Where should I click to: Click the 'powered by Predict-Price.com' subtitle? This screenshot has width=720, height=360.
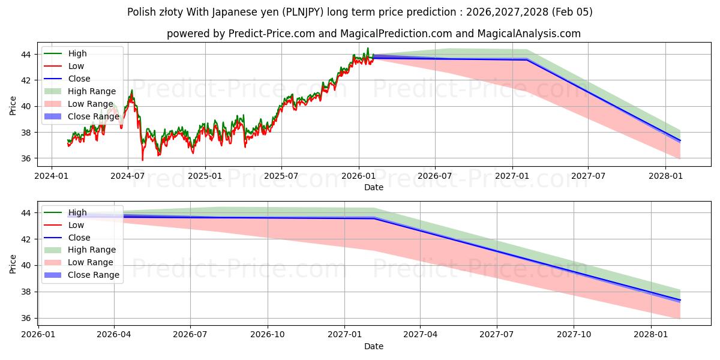(373, 34)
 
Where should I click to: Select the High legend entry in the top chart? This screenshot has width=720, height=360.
(77, 53)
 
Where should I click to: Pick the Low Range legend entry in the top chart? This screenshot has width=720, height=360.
(90, 104)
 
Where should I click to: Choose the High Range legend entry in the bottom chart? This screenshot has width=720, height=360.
(92, 250)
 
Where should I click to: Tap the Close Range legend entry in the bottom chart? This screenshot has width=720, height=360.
(93, 275)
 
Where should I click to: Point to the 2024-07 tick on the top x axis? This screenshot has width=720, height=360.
(127, 176)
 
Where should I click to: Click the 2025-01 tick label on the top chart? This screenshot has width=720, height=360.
(205, 176)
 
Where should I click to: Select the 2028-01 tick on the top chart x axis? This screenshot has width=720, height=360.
(665, 176)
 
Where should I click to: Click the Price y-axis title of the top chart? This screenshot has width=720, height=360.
(13, 106)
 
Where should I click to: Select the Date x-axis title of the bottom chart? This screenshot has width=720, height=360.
(373, 346)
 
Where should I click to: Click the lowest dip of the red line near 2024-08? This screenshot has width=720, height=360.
(142, 160)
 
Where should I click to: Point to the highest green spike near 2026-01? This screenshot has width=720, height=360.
(368, 48)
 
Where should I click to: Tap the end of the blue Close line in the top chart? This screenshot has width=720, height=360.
(680, 141)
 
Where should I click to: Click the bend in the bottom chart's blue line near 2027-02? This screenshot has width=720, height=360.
(374, 218)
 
